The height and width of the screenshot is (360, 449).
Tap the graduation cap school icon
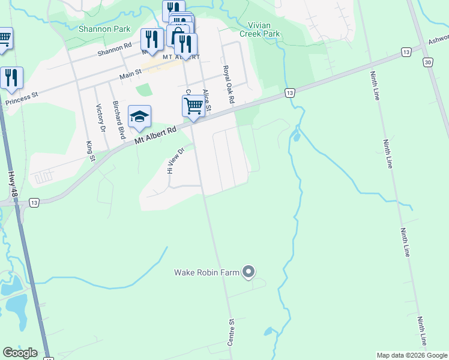pos(139,116)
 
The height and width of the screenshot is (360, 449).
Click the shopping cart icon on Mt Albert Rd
pos(193,106)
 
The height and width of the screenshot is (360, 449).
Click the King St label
pos(91,151)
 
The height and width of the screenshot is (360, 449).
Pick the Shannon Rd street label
pos(115,49)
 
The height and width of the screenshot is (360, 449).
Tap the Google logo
pos(20,352)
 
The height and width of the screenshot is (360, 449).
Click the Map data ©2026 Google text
pos(411,355)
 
